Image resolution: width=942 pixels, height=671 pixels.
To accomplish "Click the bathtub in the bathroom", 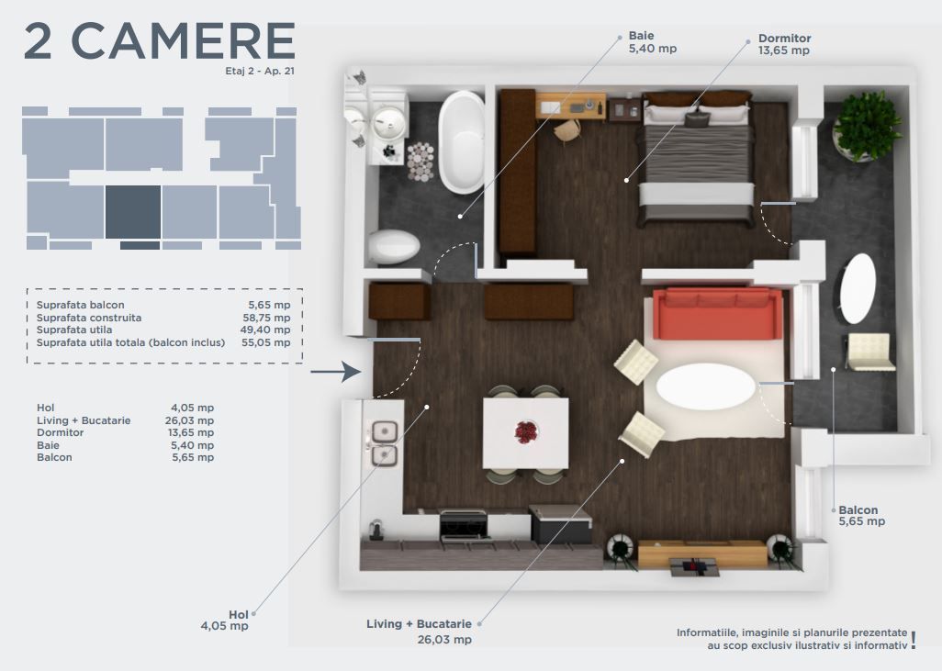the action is coord(462,142).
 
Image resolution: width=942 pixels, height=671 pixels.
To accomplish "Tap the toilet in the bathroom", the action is coord(394,246).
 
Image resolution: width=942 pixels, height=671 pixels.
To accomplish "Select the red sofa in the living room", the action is coord(717,314).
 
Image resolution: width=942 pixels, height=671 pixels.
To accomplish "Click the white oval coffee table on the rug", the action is coord(706,386).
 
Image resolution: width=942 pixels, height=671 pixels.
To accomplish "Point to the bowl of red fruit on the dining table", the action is coord(526,432).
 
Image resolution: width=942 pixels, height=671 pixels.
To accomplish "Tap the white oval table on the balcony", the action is coord(858,288).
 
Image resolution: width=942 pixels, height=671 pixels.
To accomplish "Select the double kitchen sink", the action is coord(385,443).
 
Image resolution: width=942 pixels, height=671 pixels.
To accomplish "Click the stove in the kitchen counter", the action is coord(464,525).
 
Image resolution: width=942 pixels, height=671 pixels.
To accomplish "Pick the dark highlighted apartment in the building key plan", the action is coord(133,212).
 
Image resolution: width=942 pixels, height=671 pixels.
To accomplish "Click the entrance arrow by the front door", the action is coord(336,372).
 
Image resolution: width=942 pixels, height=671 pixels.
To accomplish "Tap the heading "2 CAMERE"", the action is coord(160,41).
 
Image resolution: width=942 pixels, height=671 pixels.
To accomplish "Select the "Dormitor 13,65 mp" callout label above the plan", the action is coord(785,44).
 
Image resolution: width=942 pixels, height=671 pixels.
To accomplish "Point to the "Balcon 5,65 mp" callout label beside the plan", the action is coord(862,516).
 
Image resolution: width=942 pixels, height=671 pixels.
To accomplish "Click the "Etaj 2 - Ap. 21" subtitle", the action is coord(260,71).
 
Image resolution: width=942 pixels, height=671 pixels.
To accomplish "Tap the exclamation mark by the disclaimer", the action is coord(914,641).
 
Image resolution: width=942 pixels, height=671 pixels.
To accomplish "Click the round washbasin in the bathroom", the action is coord(388,123).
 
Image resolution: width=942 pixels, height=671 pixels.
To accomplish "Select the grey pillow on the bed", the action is coord(697,119).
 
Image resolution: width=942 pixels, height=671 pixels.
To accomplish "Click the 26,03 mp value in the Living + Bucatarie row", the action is coord(189,420).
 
